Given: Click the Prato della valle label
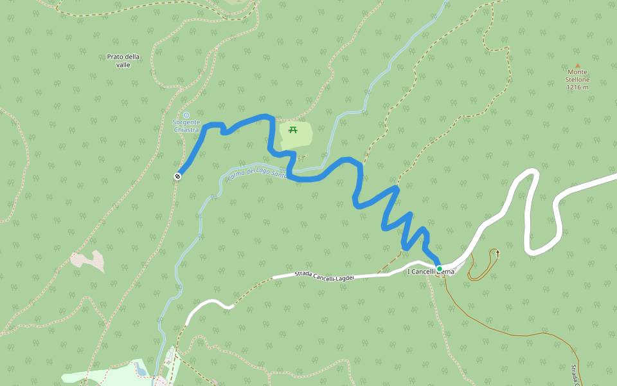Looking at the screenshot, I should click(123, 60).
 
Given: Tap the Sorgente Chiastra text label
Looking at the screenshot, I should click(186, 125).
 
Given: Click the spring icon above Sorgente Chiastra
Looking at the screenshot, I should click(186, 115).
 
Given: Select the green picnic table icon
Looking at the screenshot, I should click(293, 130).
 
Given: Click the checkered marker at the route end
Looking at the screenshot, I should click(177, 176).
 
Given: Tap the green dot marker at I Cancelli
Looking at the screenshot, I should click(440, 268).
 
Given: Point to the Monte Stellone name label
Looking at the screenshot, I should click(577, 76).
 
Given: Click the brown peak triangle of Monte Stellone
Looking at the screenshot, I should click(577, 66).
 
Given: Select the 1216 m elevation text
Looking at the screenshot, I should click(577, 87).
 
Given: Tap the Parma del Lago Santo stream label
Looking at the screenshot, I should click(257, 173).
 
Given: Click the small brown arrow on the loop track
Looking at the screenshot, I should click(496, 254).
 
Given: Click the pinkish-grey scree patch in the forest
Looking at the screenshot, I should click(89, 260).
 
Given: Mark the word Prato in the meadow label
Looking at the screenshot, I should click(115, 57).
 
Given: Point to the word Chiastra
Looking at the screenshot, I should click(186, 129).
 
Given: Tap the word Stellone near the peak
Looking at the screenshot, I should click(577, 80).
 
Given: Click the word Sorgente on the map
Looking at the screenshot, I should click(186, 122).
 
